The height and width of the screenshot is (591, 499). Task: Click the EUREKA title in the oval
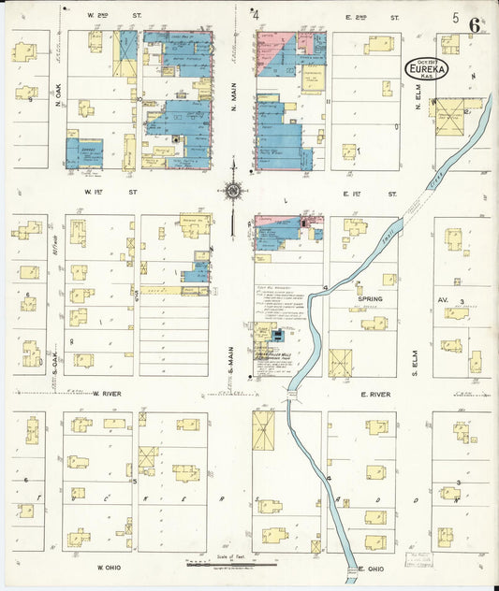pyautogui.click(x=426, y=68)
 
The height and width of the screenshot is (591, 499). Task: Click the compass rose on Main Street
pyautogui.click(x=232, y=192)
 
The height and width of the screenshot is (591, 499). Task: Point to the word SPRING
pyautogui.click(x=369, y=298)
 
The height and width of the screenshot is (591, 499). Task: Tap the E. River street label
pyautogui.click(x=374, y=395)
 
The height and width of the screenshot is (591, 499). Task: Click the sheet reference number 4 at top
pyautogui.click(x=256, y=15)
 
